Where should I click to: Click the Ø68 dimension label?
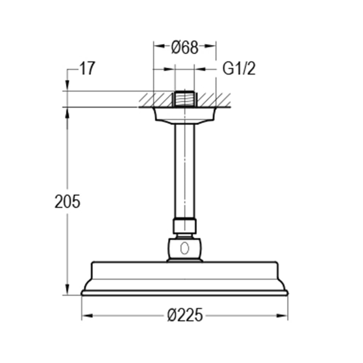click(184, 47)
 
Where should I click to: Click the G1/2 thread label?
click(239, 69)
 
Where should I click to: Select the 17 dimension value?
click(87, 69)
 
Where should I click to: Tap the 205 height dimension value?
click(67, 202)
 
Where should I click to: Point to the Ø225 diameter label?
click(185, 315)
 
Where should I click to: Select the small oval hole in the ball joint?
click(184, 248)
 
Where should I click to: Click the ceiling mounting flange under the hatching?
click(184, 116)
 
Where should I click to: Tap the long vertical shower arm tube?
click(184, 170)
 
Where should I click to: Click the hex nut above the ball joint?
click(184, 226)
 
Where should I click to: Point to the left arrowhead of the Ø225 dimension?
click(86, 315)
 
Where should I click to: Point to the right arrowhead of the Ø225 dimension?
click(283, 315)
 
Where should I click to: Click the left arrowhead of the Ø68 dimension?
click(158, 46)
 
